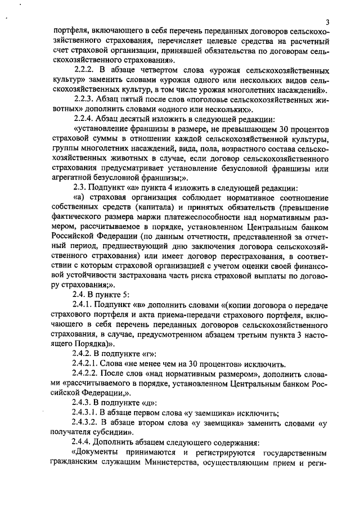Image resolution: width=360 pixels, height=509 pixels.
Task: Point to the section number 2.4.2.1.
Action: (89, 363)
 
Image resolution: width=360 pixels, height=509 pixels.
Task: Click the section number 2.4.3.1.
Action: (89, 412)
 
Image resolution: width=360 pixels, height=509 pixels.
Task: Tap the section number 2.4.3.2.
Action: (89, 422)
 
